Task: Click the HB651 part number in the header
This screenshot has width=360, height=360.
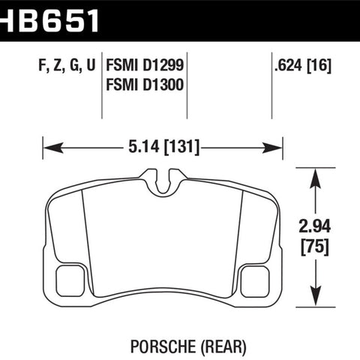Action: pos(49,20)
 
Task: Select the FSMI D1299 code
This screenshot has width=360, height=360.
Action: pos(145,65)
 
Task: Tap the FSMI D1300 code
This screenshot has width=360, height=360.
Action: pos(145,85)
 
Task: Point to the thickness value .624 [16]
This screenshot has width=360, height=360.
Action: pos(303,65)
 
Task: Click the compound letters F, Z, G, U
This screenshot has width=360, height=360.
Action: pos(67,65)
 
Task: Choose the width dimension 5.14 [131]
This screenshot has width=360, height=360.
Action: pos(163,146)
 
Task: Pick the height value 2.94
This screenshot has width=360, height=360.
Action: pos(315,226)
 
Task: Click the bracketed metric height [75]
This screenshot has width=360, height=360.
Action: pos(315,247)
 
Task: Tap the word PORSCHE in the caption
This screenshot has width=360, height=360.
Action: pos(163,346)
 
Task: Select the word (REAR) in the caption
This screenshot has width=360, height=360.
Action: pos(223,347)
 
